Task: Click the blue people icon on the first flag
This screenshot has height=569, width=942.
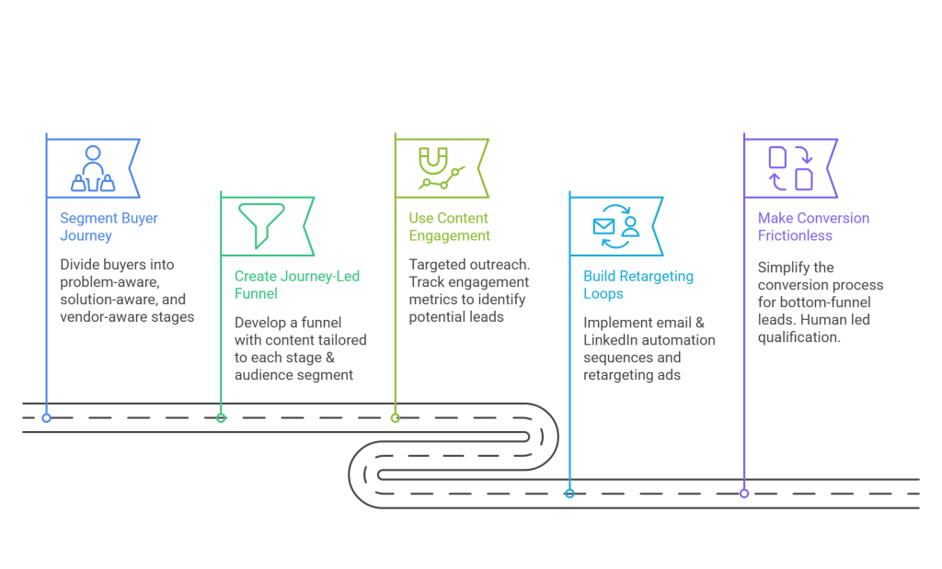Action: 93,167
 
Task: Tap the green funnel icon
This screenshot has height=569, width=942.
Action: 261,223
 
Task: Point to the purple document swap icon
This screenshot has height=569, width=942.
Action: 790,167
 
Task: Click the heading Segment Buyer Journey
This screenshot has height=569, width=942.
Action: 96,227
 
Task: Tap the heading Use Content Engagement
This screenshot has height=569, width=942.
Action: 449,227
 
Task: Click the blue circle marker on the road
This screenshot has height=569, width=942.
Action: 46,418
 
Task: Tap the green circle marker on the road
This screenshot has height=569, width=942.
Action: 221,418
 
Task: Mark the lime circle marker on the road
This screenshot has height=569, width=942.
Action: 396,418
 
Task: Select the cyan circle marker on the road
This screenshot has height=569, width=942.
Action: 569,494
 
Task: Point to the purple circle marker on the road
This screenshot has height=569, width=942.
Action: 744,494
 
